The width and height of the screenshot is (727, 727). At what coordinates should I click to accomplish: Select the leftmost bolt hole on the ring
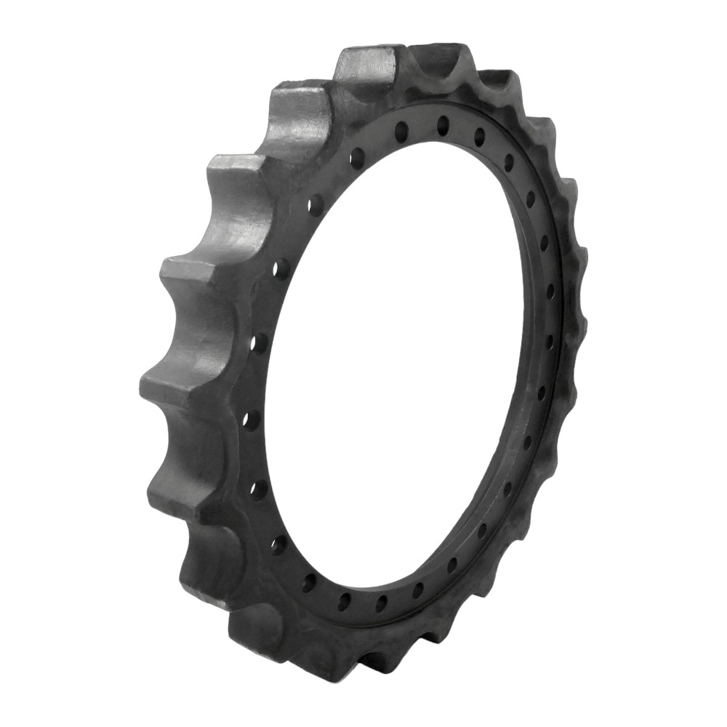(x=251, y=419)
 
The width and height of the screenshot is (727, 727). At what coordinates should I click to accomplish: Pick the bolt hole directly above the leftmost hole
(x=260, y=342)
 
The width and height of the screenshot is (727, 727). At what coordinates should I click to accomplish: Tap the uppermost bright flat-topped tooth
(x=367, y=65)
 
